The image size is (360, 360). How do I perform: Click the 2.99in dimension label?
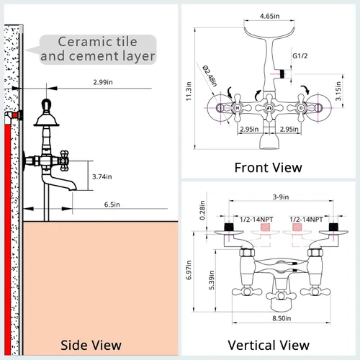[103, 82]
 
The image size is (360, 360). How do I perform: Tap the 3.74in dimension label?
[102, 176]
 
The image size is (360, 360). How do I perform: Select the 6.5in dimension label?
[112, 204]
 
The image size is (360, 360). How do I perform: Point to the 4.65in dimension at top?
[269, 16]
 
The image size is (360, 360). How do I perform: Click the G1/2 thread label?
[300, 56]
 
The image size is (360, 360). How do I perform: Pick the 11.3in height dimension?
[189, 91]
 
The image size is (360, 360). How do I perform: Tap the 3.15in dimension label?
[338, 91]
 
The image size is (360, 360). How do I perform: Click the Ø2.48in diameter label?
[210, 76]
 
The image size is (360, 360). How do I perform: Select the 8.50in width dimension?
[282, 318]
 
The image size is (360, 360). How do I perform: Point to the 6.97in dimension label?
[189, 270]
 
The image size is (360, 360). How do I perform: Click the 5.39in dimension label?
[212, 280]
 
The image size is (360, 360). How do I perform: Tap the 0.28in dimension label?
[202, 210]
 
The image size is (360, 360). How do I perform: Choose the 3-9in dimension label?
[281, 197]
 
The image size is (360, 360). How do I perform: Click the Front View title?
[268, 168]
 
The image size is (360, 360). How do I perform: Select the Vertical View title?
[269, 346]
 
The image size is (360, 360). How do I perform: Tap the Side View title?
[91, 346]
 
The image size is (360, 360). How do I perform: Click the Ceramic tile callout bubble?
[98, 50]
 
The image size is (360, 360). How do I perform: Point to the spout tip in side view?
[73, 189]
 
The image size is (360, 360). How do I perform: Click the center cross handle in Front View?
[269, 108]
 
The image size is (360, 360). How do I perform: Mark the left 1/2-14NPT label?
[256, 220]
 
